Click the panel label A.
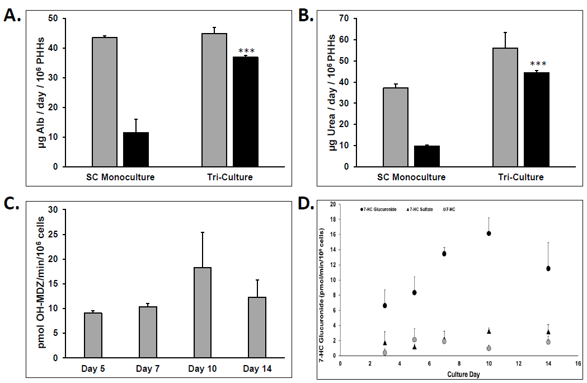click(13, 15)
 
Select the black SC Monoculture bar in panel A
click(136, 150)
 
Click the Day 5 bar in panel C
click(93, 335)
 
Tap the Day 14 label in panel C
click(257, 368)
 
